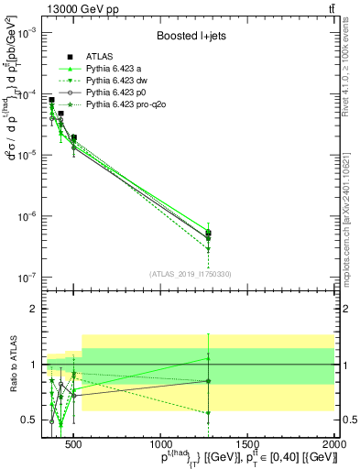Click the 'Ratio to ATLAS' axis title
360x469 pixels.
(x=13, y=365)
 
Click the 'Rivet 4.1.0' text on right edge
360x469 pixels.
(x=352, y=55)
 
